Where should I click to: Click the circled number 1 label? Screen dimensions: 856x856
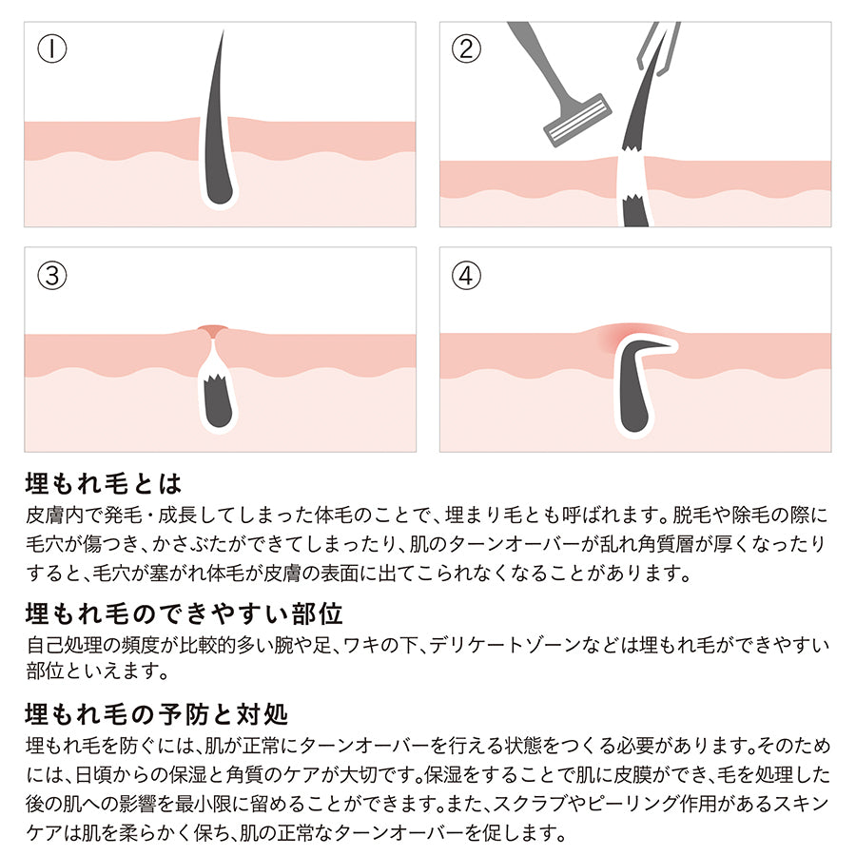pyautogui.click(x=52, y=49)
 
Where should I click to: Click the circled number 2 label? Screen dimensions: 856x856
pyautogui.click(x=466, y=49)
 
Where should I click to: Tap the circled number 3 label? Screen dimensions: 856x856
pyautogui.click(x=52, y=275)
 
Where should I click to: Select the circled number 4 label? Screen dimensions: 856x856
pyautogui.click(x=466, y=275)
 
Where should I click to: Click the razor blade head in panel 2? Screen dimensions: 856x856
pyautogui.click(x=577, y=121)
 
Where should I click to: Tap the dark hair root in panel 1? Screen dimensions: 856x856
pyautogui.click(x=220, y=180)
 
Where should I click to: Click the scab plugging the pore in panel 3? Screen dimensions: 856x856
pyautogui.click(x=213, y=330)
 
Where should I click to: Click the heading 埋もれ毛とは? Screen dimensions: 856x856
pyautogui.click(x=104, y=483)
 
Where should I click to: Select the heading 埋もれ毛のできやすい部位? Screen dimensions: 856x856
pyautogui.click(x=184, y=613)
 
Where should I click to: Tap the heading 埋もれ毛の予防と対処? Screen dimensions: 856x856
pyautogui.click(x=157, y=713)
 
